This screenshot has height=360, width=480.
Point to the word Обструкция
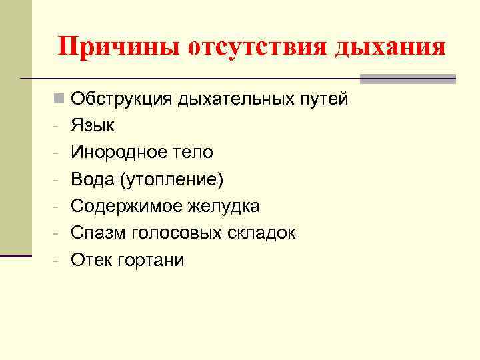point(122,99)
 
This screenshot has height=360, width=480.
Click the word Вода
point(93,179)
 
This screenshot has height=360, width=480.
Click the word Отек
point(91,259)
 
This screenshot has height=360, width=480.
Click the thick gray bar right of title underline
point(407,79)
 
